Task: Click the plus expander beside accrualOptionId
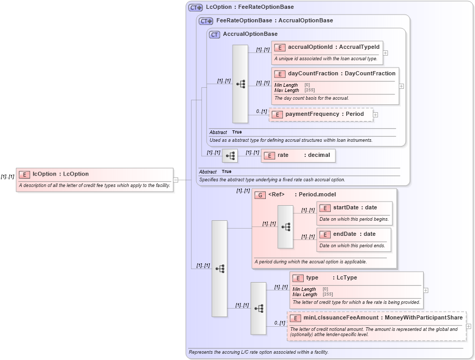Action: [385, 52]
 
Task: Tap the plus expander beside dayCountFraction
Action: [401, 86]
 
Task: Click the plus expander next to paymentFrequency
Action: [375, 115]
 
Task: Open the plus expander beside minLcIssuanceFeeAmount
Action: [469, 326]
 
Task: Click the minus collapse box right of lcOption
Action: [176, 180]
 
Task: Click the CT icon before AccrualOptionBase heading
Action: [214, 34]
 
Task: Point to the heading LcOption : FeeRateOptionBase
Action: [249, 7]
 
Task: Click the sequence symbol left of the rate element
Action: [230, 155]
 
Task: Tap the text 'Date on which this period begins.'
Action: [354, 219]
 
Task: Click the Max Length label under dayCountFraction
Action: [286, 90]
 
